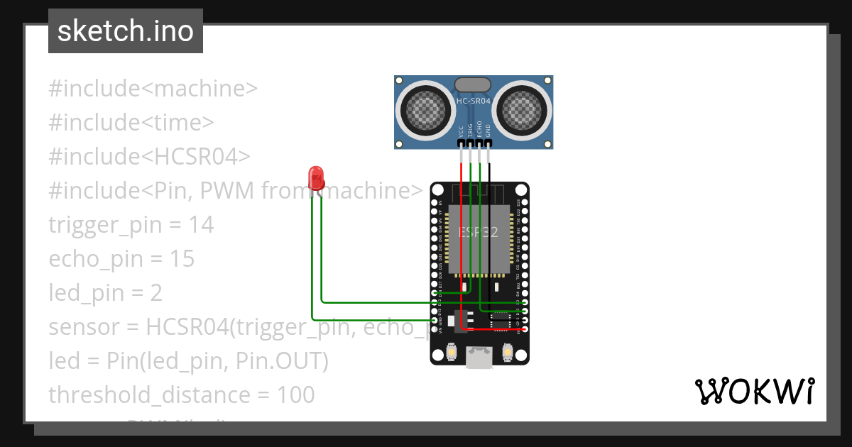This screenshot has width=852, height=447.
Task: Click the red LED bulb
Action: click(316, 177)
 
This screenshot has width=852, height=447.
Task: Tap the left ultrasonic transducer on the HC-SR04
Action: click(425, 110)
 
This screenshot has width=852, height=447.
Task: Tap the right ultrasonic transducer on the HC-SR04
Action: click(523, 110)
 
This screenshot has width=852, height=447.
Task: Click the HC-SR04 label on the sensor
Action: click(474, 101)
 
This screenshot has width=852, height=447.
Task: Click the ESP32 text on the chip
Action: click(478, 232)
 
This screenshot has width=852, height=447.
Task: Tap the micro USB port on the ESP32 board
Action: click(479, 357)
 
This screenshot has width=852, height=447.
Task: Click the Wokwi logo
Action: click(754, 392)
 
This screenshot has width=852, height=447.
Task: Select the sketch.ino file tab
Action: click(126, 31)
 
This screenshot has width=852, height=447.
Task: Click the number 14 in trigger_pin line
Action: click(201, 225)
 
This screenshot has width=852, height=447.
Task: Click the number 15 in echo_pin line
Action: click(182, 259)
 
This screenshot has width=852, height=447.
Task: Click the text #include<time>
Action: click(131, 123)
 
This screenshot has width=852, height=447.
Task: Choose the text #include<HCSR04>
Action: click(149, 157)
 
